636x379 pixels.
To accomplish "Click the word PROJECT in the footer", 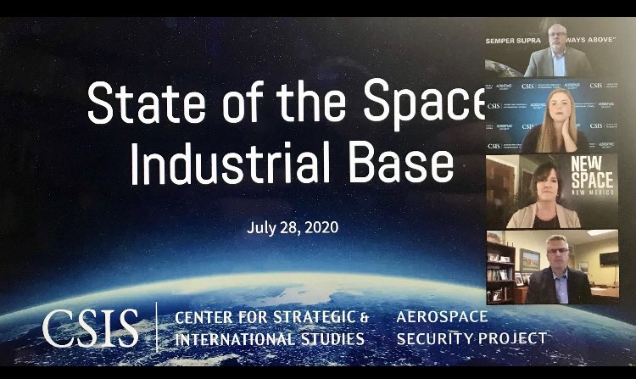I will [x=511, y=339].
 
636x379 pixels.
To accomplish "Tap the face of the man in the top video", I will [x=554, y=37].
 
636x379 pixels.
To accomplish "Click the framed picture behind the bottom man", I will [x=530, y=258].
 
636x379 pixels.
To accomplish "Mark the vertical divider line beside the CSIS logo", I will [x=157, y=328].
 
